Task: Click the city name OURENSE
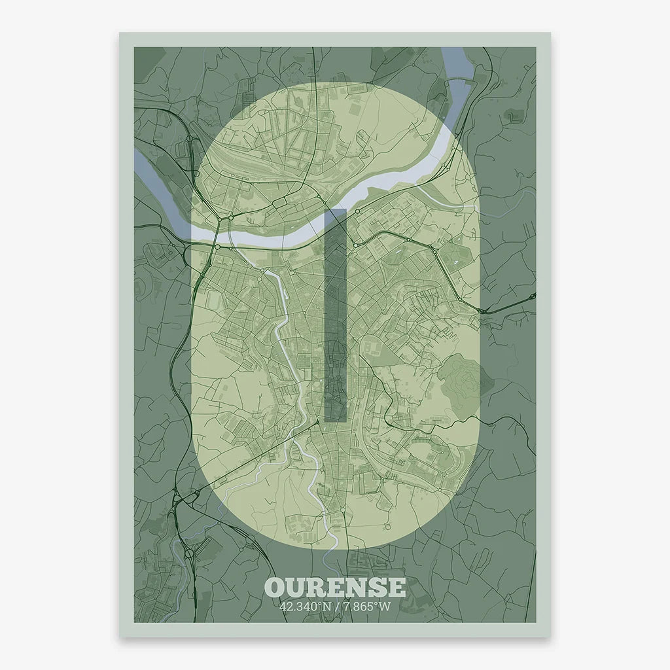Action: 335,587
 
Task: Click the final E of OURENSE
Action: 396,587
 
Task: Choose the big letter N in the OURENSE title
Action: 356,587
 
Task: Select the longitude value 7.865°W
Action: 367,607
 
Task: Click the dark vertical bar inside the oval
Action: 335,314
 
